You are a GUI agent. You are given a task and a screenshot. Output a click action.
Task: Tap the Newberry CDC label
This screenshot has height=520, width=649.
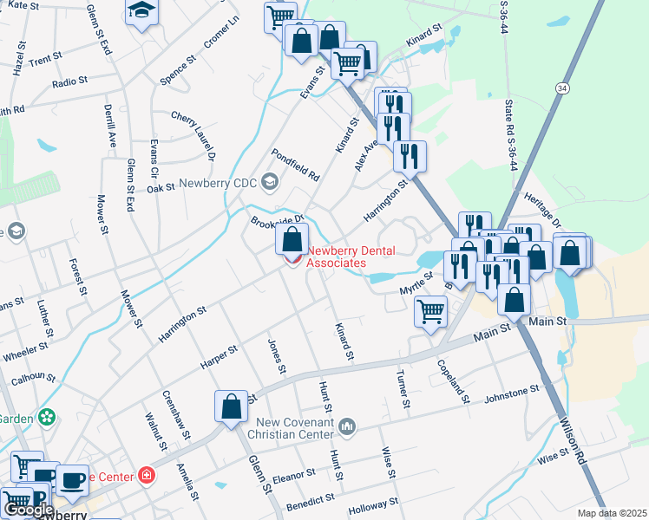coord(220,184)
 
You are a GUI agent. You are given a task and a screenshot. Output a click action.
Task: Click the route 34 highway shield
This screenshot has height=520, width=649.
coord(564,89)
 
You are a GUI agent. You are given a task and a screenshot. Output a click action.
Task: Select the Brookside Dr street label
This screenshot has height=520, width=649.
coord(278,220)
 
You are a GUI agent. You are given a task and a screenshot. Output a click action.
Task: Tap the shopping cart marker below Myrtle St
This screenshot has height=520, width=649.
coord(430,310)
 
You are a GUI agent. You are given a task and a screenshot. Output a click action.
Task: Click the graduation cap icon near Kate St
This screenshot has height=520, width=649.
coord(141,11)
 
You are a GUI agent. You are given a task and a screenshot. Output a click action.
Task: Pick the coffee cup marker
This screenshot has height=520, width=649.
coord(73,479)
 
